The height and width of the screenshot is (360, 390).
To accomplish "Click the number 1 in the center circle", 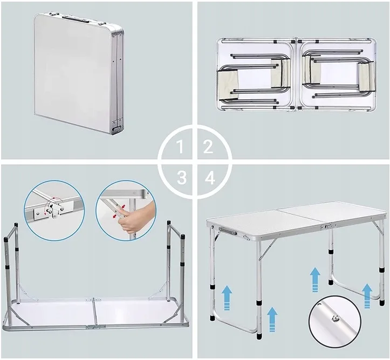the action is coord(180,147).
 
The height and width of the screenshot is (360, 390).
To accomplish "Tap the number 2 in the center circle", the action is coord(208,147).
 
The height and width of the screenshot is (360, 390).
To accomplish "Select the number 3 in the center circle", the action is coord(182,177).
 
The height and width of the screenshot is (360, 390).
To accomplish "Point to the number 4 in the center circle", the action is coord(210,177).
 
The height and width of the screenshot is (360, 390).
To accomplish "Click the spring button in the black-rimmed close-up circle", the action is coord(335,318).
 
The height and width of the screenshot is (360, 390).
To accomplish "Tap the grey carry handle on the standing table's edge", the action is coord(227,231).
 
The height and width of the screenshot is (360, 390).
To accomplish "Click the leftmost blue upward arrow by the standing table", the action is coord(227,297).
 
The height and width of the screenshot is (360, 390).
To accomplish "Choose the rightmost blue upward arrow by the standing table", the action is coord(367,296).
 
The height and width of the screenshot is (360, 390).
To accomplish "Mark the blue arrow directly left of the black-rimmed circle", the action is coord(272,319).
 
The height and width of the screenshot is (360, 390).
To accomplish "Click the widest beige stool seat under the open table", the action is coord(228,82).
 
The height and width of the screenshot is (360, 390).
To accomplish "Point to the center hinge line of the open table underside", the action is coord(296,75).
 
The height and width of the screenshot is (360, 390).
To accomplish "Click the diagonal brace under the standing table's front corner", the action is coord(268,248).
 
